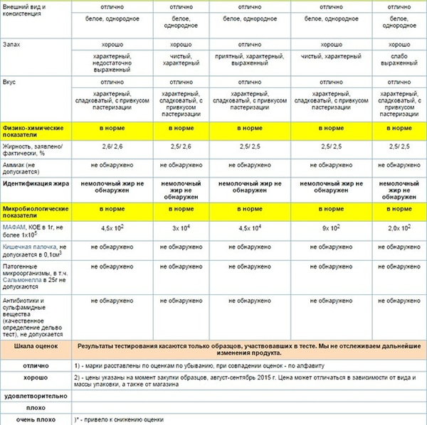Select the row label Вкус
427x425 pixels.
[x=12, y=82]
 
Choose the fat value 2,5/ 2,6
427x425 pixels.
[x=181, y=146]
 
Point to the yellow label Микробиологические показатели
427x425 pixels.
[x=36, y=211]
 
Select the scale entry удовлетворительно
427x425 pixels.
[x=36, y=394]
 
